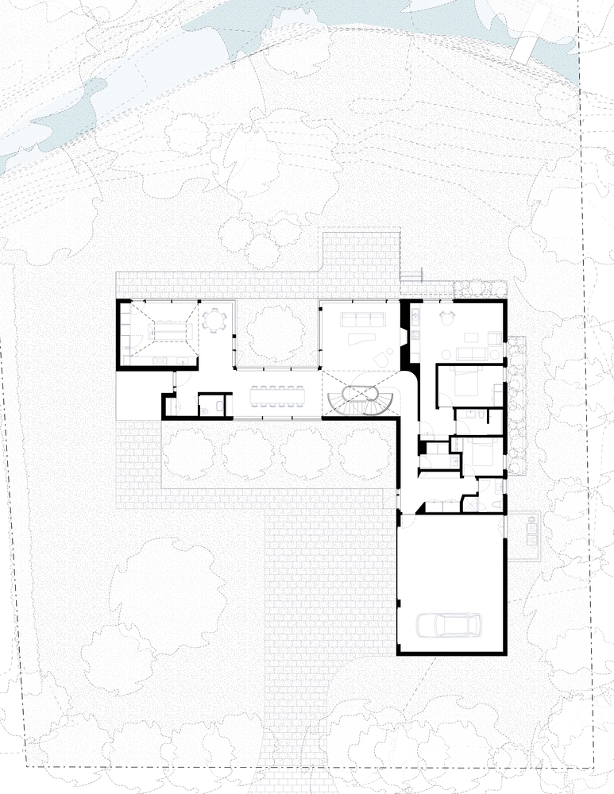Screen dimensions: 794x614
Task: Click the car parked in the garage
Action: pos(449,626)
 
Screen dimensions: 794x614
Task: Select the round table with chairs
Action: pos(214,320)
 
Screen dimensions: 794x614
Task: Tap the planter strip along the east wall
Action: pos(516,401)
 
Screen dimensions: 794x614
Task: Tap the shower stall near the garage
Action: pos(470,503)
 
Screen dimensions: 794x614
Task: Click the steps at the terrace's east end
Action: pos(409,276)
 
